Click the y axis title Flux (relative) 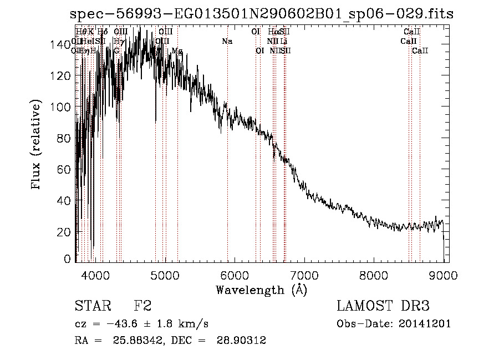tap(37, 145)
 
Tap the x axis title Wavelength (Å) tap(261, 290)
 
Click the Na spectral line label tap(227, 41)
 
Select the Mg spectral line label tap(177, 50)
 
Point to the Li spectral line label tap(283, 41)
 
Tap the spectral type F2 tap(142, 306)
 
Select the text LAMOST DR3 tap(383, 306)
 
